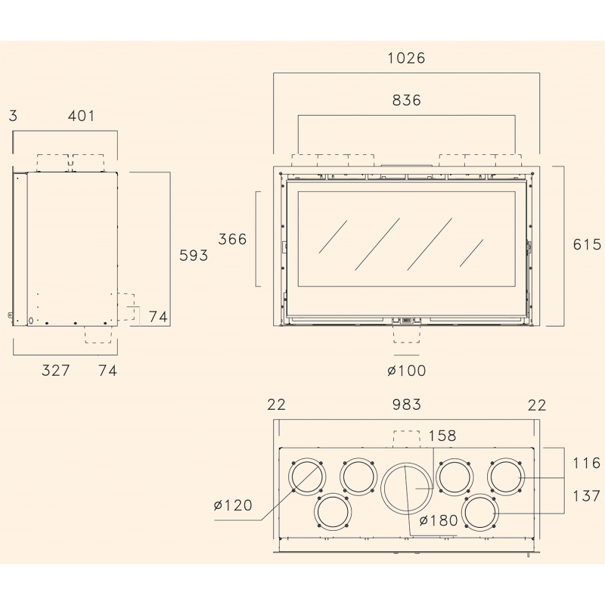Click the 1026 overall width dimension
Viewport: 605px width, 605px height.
[406, 58]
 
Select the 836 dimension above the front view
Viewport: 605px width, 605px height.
[406, 101]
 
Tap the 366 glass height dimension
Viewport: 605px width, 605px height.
[232, 239]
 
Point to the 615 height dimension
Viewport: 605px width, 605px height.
[587, 244]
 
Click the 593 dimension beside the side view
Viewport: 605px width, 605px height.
[194, 255]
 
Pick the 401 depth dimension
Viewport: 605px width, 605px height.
[81, 116]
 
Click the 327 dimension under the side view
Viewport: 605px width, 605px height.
[56, 371]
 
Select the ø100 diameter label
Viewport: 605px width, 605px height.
[407, 371]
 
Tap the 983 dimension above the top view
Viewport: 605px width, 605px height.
[406, 405]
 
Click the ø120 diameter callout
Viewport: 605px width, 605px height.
[233, 505]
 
